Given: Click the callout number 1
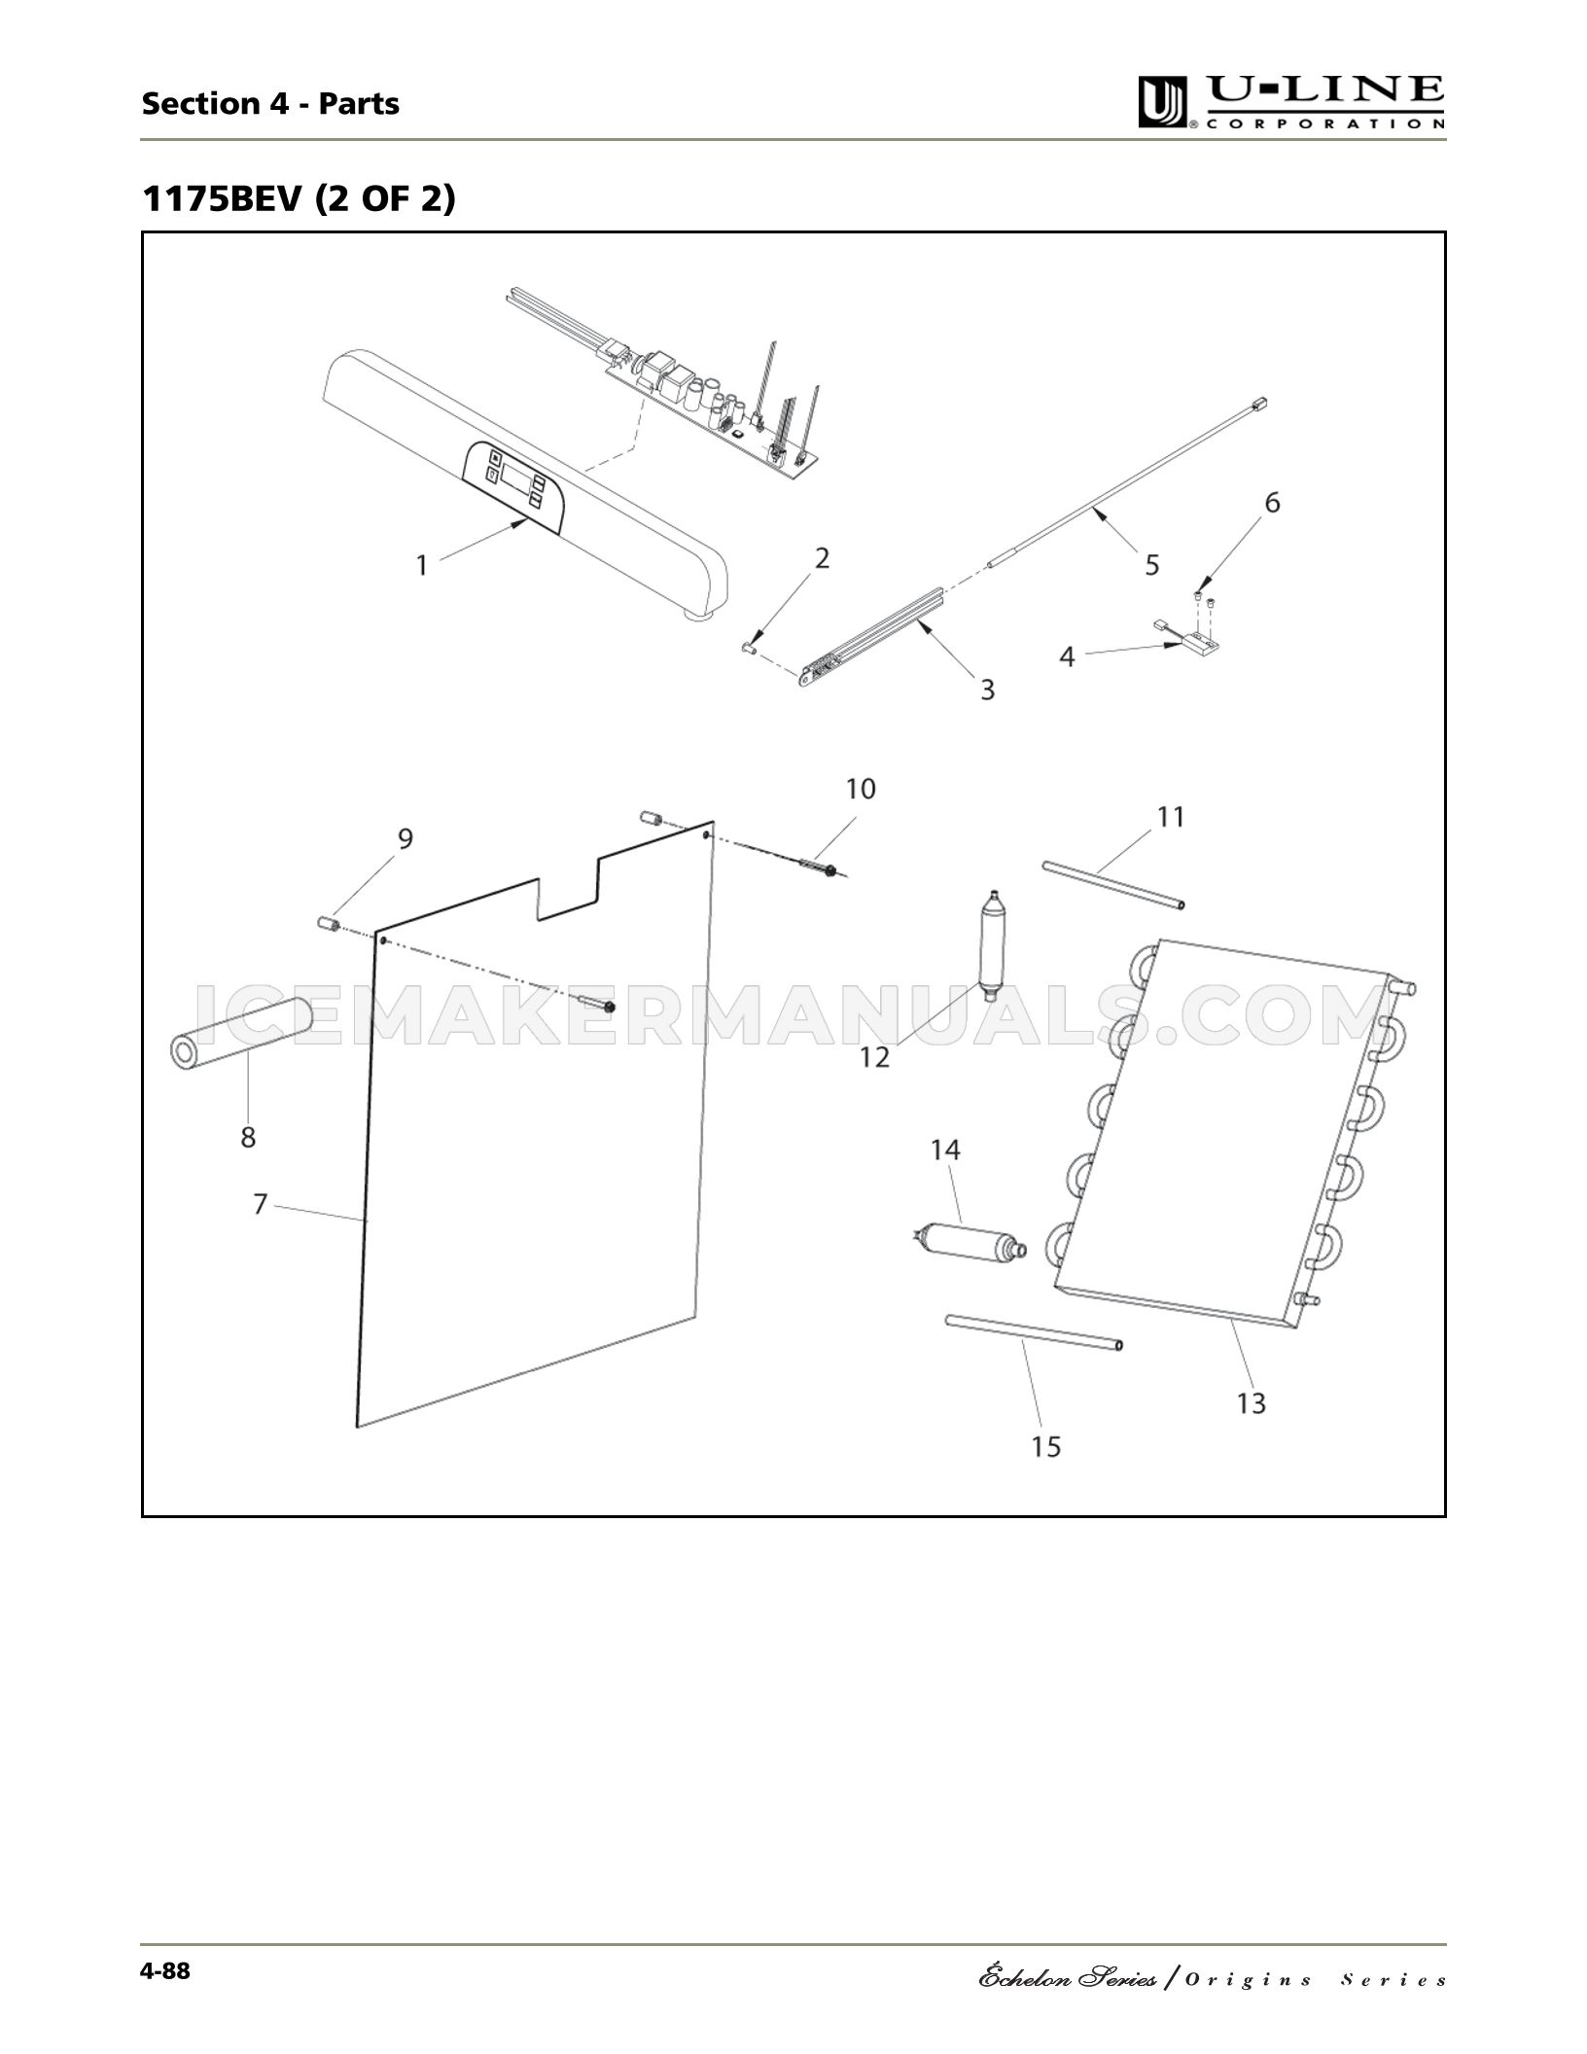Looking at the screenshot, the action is point(422,565).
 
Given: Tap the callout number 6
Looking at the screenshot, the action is point(1272,503).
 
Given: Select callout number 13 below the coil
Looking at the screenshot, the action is point(1252,1403).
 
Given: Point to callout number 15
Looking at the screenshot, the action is point(1046,1447).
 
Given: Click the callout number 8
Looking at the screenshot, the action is point(248,1136).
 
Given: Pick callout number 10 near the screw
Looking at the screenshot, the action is point(861,789).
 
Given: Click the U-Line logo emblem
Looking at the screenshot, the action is point(1164,103).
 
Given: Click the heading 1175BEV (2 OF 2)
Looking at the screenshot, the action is point(300,199).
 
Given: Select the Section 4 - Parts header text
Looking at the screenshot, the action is point(270,103).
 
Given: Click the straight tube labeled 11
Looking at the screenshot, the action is point(1113,884).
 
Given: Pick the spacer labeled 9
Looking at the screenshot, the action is point(327,921).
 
